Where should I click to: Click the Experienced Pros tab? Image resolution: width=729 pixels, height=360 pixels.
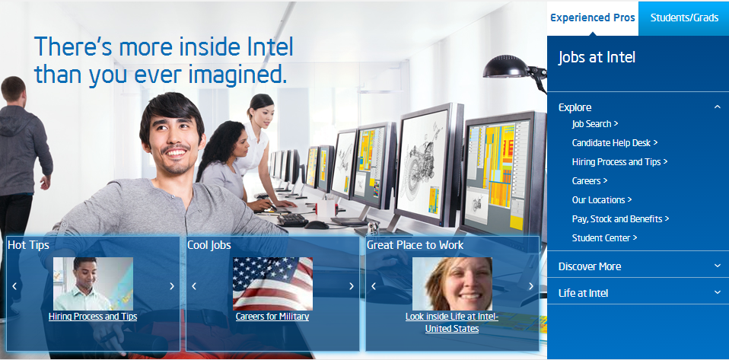[592, 18]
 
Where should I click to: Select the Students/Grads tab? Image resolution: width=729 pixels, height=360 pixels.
[684, 18]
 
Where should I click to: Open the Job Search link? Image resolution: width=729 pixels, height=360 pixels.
[594, 124]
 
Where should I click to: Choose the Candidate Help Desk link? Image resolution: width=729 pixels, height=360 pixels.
[615, 143]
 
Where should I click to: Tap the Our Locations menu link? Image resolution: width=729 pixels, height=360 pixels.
[602, 200]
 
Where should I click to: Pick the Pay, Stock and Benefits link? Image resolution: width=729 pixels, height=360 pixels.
[620, 218]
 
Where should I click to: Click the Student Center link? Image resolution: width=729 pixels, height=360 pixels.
[604, 237]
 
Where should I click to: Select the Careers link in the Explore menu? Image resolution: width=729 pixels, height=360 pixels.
[590, 181]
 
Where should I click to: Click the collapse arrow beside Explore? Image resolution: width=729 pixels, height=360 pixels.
[717, 107]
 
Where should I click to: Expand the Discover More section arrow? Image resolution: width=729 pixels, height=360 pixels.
[717, 266]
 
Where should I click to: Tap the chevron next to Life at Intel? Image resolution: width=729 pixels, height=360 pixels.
[717, 292]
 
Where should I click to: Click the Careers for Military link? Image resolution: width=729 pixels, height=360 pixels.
[272, 317]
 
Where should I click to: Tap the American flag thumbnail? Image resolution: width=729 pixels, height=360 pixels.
[272, 284]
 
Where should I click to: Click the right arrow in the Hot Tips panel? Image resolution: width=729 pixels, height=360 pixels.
[172, 286]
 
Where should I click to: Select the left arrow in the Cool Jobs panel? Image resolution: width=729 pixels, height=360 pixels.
[194, 286]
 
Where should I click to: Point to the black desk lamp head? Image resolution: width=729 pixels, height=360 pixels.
[506, 67]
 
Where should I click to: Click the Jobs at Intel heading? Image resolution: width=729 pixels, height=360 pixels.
[597, 58]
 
